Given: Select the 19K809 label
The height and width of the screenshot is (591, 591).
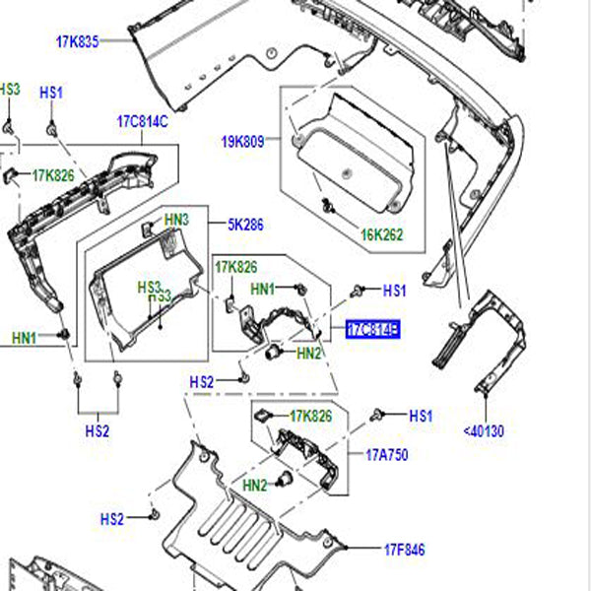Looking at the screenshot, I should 242,141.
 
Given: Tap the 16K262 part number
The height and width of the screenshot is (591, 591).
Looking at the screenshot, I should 382,235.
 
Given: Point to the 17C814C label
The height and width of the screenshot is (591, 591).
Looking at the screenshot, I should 143,121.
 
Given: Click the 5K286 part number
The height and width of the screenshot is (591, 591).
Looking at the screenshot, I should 245,224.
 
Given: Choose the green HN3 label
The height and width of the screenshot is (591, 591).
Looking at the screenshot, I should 176,220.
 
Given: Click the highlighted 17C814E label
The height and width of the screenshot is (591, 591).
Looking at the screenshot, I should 372,330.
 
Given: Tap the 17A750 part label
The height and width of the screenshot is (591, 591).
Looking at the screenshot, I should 386,455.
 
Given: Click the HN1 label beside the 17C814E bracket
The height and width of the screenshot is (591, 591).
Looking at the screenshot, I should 264,290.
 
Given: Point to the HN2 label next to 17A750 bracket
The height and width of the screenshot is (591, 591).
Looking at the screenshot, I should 255,485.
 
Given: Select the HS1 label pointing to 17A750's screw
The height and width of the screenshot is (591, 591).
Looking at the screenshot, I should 421,416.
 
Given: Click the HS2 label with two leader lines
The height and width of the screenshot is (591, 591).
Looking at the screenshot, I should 98,430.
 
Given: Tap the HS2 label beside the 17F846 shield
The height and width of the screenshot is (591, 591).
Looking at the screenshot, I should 112,519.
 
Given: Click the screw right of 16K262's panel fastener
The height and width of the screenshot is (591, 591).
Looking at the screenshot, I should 325,206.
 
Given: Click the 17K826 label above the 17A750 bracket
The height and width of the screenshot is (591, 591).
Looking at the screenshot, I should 310,417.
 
